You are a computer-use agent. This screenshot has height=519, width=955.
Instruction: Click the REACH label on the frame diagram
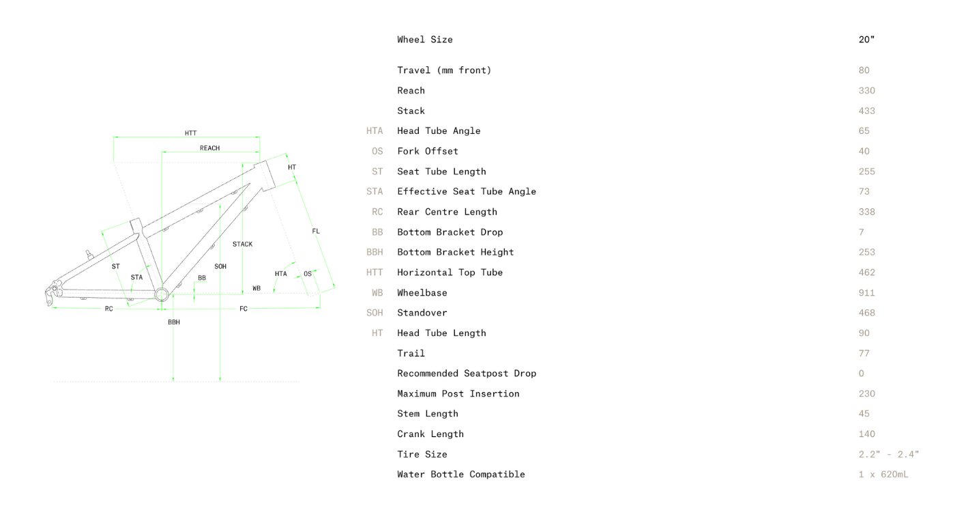tap(209, 148)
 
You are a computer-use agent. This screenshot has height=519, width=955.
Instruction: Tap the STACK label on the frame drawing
tap(242, 244)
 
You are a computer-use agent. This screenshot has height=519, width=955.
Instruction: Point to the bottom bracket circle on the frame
tap(162, 294)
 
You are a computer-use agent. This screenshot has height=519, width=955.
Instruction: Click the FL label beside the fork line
tap(316, 232)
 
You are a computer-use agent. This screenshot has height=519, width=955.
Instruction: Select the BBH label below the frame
tap(174, 322)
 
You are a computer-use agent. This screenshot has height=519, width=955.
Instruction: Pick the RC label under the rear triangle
tap(109, 309)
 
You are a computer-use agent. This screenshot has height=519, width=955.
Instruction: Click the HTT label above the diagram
tap(190, 133)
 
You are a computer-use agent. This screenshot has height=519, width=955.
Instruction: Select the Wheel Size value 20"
tap(866, 40)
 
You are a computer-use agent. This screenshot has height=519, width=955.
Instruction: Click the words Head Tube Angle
tap(439, 131)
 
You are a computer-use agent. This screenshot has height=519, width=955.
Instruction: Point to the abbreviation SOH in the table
tap(374, 313)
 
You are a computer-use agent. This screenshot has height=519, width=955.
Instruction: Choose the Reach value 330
tap(866, 91)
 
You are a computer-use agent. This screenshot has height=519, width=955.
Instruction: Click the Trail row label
tap(411, 354)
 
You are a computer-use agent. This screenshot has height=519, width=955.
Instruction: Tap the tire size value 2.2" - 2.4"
tap(888, 455)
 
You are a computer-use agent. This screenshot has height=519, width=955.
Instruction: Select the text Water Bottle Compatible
tap(461, 475)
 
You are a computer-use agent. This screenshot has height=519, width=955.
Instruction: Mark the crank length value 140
tap(866, 434)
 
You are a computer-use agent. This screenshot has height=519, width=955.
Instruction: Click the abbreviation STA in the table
tap(374, 192)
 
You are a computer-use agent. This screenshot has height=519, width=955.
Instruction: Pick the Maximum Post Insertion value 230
tap(866, 394)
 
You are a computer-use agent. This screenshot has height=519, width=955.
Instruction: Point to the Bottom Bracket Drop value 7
tap(862, 232)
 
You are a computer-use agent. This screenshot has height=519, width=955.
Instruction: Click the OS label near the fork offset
tap(308, 274)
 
